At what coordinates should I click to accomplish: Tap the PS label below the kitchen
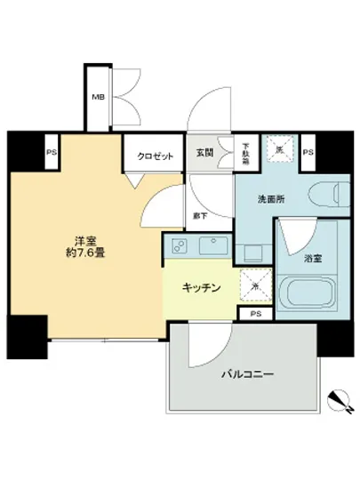[257, 313]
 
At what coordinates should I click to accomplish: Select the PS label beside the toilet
[308, 153]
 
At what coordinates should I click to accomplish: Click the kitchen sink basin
[213, 244]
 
